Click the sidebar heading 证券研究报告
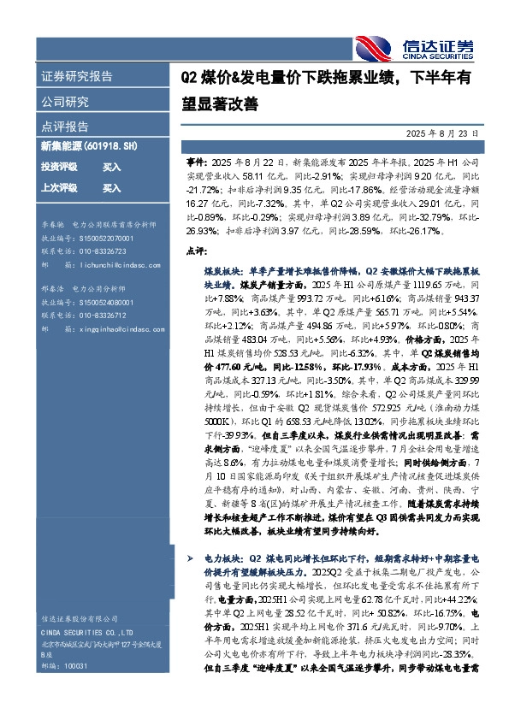tap(77, 76)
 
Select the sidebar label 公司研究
tap(65, 101)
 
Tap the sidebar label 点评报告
tap(65, 125)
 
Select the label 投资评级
tap(59, 167)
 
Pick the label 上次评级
tap(59, 187)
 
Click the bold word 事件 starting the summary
tap(196, 161)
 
